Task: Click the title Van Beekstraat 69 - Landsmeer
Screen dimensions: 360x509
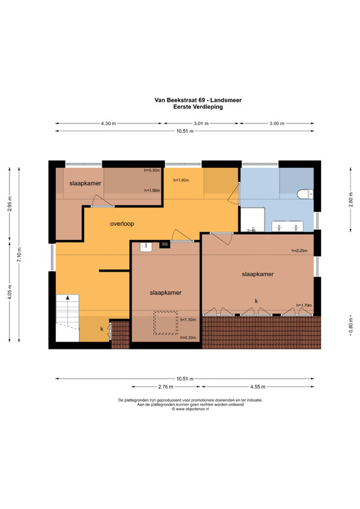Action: (x=198, y=101)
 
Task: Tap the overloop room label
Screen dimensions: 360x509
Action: (x=122, y=224)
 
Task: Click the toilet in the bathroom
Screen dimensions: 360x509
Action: (x=305, y=194)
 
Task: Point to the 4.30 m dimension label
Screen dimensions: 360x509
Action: (x=108, y=123)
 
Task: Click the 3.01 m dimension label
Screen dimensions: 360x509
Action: (x=201, y=123)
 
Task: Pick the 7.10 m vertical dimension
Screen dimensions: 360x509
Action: (x=19, y=255)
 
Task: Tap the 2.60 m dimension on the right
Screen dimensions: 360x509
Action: (x=350, y=199)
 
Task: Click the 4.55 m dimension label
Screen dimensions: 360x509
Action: (x=258, y=387)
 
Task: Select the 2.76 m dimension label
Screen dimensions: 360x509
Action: (x=165, y=387)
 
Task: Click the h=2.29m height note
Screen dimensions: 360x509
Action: (x=300, y=251)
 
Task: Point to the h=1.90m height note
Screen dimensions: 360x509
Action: (x=181, y=180)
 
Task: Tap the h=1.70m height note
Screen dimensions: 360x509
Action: (x=304, y=305)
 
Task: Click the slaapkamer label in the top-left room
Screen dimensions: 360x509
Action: (x=85, y=183)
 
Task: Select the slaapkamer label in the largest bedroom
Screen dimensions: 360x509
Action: (x=258, y=274)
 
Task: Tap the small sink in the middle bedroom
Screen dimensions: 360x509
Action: (x=146, y=247)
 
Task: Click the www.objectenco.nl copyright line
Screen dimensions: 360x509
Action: (x=190, y=409)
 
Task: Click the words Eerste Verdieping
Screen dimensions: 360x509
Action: (x=198, y=106)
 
